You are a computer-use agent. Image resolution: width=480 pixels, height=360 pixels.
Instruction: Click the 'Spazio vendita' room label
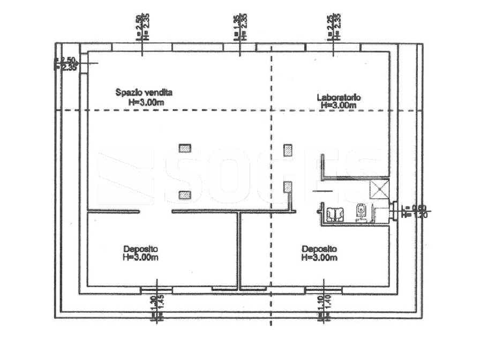144,92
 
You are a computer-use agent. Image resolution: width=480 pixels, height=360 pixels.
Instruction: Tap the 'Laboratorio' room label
339,97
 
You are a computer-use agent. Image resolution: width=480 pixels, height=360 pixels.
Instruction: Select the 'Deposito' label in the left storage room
140,249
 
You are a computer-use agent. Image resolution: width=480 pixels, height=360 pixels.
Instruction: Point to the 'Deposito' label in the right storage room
319,249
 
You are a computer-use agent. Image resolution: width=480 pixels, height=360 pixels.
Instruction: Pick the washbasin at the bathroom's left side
336,213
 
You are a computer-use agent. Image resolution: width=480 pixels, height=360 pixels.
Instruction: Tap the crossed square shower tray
379,190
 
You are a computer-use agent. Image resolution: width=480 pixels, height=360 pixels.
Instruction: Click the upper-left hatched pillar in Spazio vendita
185,148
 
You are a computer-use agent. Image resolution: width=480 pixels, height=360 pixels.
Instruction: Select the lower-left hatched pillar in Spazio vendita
185,195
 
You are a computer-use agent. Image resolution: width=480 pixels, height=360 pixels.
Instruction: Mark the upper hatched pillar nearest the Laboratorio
288,148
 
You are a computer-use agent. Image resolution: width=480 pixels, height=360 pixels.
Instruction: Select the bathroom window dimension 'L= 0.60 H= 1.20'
412,211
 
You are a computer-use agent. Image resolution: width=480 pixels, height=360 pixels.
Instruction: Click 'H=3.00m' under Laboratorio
339,106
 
